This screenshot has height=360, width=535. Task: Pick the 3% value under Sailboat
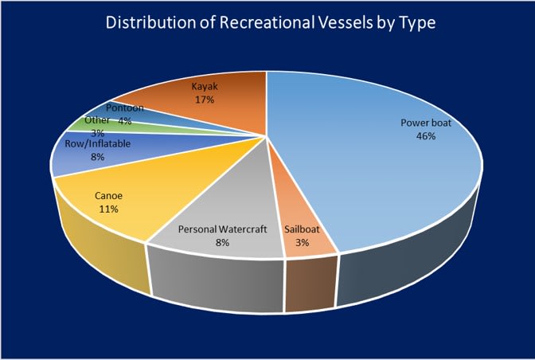[x=303, y=241]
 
